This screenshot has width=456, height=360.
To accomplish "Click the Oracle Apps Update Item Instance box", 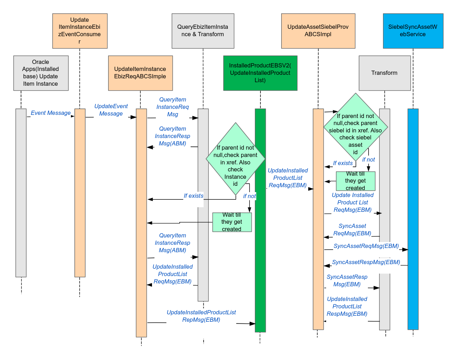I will pyautogui.click(x=41, y=73).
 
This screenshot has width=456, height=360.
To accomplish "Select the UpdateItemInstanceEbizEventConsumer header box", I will pyautogui.click(x=80, y=31).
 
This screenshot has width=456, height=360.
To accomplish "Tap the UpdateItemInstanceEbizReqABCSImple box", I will pyautogui.click(x=140, y=73).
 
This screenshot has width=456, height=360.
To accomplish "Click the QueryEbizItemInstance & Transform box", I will pyautogui.click(x=203, y=31).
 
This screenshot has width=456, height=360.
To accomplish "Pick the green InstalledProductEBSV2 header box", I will pyautogui.click(x=260, y=73).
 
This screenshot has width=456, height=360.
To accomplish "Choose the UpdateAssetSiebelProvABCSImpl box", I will pyautogui.click(x=318, y=31).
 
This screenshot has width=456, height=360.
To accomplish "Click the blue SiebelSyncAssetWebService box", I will pyautogui.click(x=413, y=31).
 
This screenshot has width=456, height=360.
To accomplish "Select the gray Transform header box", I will pyautogui.click(x=384, y=73).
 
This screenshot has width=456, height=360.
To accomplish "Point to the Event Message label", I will pyautogui.click(x=51, y=113).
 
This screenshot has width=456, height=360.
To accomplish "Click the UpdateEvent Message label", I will pyautogui.click(x=111, y=110).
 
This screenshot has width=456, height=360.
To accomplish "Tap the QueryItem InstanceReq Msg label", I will pyautogui.click(x=172, y=107).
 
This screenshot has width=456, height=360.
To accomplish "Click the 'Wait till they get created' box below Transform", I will pyautogui.click(x=355, y=181).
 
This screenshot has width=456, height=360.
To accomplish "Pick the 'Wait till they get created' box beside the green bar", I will pyautogui.click(x=232, y=222).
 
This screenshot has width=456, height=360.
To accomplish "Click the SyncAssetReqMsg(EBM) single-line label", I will pyautogui.click(x=366, y=246).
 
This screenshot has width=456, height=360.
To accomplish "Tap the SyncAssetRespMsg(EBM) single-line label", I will pyautogui.click(x=366, y=262).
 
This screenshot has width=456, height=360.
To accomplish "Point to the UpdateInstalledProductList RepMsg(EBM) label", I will pyautogui.click(x=201, y=316).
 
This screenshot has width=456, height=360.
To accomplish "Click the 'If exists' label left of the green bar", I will pyautogui.click(x=193, y=196).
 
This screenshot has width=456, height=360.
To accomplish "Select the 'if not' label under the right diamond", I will pyautogui.click(x=369, y=160).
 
